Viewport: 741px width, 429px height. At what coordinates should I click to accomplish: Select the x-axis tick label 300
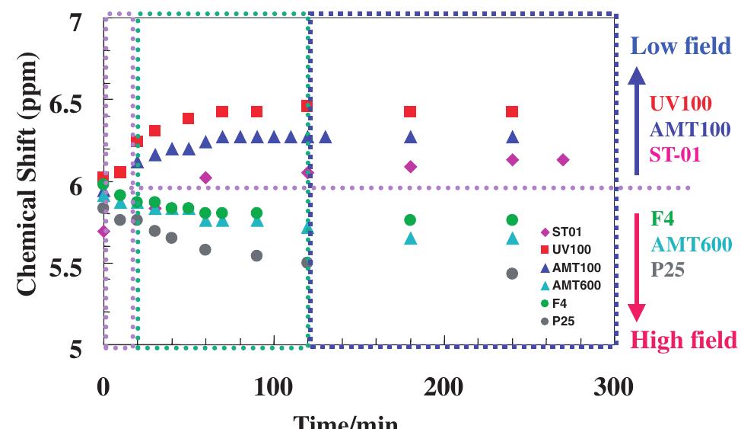coord(612,386)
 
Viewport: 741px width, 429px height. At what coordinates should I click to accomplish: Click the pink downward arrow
coord(638,267)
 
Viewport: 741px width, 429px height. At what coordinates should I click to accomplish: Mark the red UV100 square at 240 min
coord(513,112)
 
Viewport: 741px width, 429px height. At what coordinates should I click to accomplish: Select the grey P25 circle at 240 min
coord(513,273)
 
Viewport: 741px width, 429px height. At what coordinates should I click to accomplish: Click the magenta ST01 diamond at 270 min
coord(563,159)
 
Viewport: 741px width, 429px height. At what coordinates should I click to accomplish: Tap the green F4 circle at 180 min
coord(411,220)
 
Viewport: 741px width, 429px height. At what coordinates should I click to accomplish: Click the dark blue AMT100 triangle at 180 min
coord(411,137)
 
